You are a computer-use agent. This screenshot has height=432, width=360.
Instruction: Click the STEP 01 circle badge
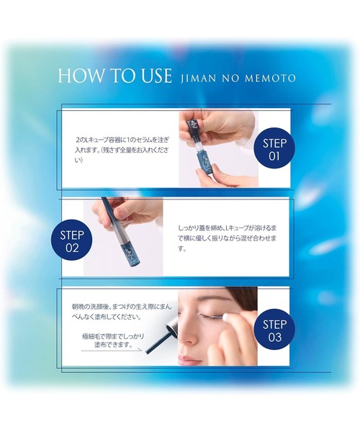pyautogui.click(x=274, y=148)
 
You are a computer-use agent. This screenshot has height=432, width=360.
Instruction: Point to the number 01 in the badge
pyautogui.click(x=274, y=155)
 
